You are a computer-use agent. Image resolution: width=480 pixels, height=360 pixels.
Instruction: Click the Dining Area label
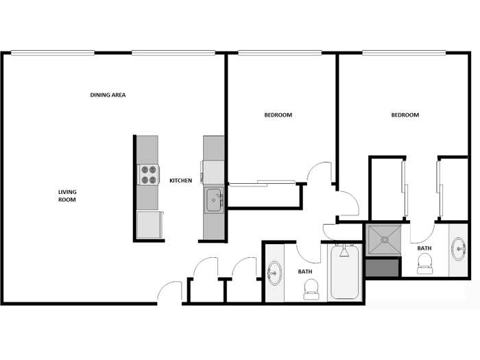(x=108, y=95)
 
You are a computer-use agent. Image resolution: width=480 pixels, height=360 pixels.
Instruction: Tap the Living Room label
(x=67, y=195)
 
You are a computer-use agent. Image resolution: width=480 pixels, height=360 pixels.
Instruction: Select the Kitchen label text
(x=181, y=180)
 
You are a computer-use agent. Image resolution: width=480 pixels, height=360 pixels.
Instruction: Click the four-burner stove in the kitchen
(x=148, y=175)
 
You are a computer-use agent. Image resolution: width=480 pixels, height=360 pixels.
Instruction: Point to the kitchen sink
(x=213, y=201)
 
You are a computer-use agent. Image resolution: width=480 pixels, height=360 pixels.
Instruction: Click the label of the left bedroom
(x=278, y=115)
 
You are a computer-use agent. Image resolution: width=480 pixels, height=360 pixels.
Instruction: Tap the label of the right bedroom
(x=405, y=115)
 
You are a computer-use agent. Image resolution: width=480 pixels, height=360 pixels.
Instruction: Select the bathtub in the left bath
(x=345, y=272)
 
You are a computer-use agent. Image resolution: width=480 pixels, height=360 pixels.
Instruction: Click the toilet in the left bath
(x=311, y=293)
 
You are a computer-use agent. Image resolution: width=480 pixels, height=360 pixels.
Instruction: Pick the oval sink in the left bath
(x=274, y=273)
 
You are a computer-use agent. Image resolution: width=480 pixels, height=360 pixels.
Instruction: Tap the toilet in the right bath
(x=425, y=263)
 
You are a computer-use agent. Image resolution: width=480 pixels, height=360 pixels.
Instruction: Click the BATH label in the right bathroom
(x=424, y=248)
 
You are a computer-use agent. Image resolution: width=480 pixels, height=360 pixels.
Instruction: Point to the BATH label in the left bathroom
(x=305, y=272)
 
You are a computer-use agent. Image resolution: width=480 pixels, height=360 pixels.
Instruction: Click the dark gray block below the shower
(x=382, y=267)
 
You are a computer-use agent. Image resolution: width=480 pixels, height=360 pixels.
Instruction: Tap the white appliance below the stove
(x=148, y=224)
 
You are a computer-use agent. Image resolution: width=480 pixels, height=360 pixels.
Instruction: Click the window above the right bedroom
(x=405, y=52)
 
